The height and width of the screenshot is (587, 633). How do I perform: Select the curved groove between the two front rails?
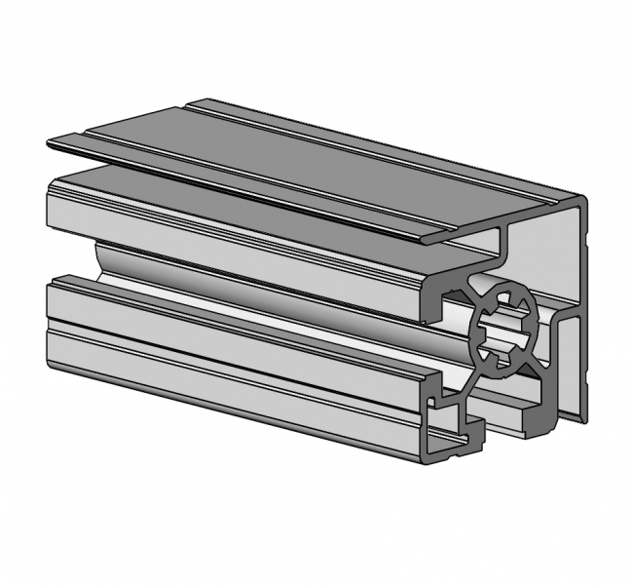tap(243, 278)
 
